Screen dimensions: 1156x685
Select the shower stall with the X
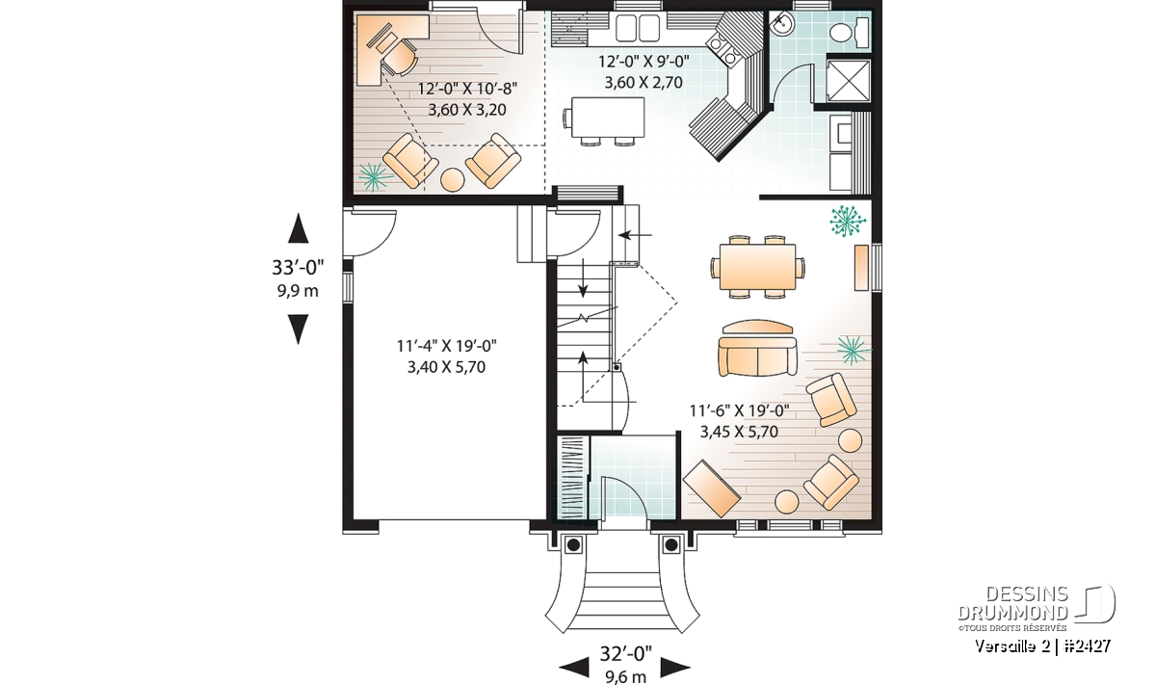point(849,80)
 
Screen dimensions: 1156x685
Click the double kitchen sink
point(638,27)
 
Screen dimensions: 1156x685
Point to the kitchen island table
point(608,118)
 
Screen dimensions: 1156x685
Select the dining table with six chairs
point(757,268)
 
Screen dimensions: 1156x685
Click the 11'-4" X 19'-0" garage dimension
point(447,346)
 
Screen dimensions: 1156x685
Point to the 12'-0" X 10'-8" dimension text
point(467,89)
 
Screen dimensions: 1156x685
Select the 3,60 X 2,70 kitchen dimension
point(644,83)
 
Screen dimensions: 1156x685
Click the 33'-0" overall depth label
point(298,268)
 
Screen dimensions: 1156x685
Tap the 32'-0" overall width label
point(625,653)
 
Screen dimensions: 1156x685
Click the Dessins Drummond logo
point(1037,608)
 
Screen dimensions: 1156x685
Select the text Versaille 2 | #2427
point(1043,645)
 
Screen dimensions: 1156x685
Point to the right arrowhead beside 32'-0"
point(675,667)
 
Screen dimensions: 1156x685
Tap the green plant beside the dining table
point(848,221)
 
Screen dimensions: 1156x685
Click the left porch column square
point(573,544)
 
